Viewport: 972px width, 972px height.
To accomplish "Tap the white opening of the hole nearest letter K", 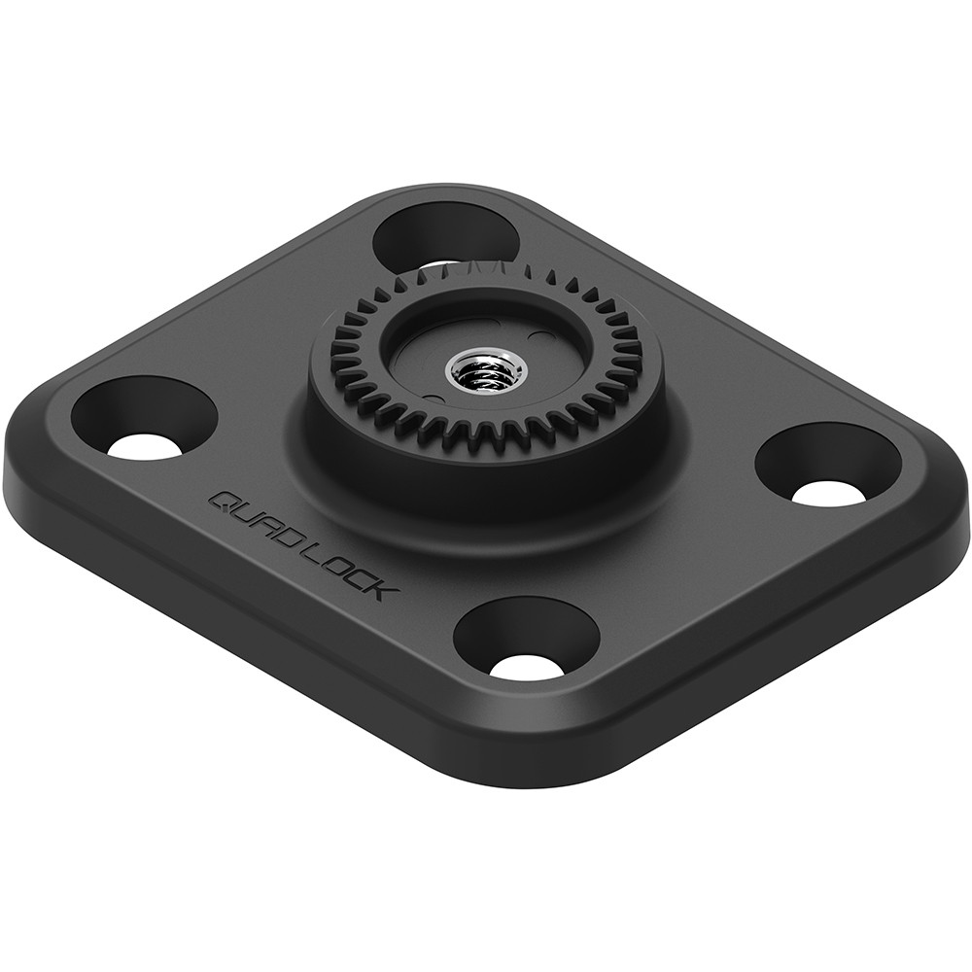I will click(x=526, y=667).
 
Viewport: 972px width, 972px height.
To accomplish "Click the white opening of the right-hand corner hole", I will click(x=828, y=492).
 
